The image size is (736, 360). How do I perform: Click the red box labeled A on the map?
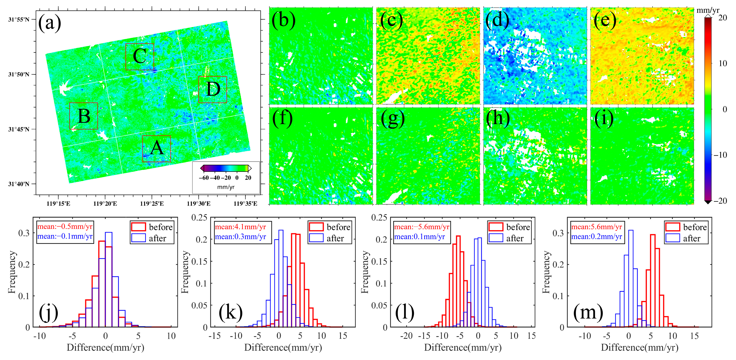click(156, 149)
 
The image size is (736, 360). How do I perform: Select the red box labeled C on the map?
click(140, 56)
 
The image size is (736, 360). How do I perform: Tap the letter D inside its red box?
click(213, 89)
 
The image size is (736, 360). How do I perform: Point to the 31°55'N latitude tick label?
click(19, 20)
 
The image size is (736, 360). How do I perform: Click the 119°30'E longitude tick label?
click(199, 203)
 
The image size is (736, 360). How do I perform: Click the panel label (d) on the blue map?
click(497, 21)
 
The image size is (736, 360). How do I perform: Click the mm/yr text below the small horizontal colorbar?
click(226, 187)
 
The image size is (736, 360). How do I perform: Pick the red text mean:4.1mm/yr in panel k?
click(240, 227)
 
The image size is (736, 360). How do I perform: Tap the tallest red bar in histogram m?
click(653, 280)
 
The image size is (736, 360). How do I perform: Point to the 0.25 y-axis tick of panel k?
click(199, 218)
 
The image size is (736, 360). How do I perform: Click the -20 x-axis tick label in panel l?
click(406, 336)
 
